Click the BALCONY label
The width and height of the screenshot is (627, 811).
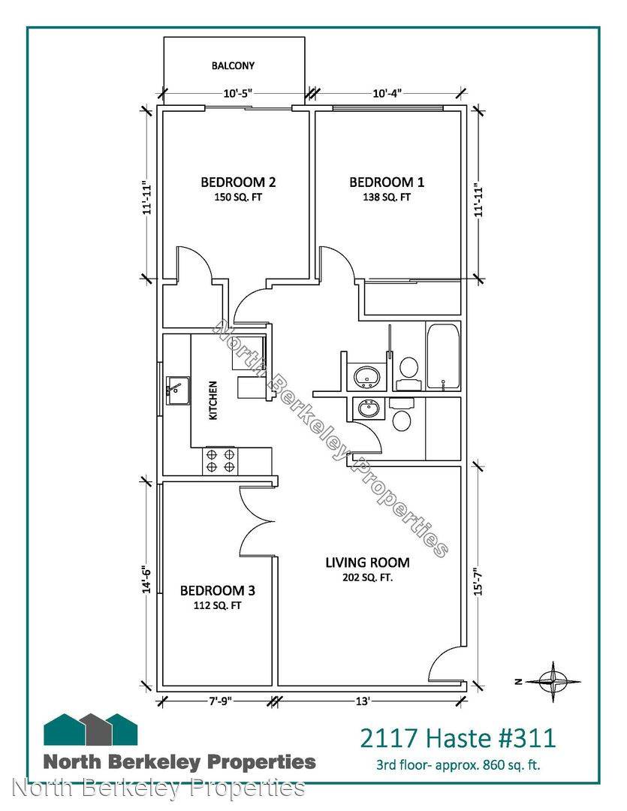pos(233,65)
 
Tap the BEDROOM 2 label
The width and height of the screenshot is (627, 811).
pos(238,182)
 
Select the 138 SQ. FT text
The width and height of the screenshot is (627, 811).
pos(387,197)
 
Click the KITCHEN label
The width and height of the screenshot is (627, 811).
pos(213,400)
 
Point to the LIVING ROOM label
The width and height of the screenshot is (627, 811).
pos(367,562)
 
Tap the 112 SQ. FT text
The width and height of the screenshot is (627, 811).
pos(217,606)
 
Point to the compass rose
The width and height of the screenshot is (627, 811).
pos(553,682)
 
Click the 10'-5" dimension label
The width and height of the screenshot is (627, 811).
pos(237,94)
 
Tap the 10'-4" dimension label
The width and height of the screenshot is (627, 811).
pos(387,94)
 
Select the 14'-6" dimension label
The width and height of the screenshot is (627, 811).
pos(147,579)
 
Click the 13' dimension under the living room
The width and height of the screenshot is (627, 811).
pos(363,701)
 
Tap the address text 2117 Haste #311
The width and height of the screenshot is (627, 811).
pos(458,738)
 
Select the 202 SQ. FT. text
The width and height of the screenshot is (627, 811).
pos(367,577)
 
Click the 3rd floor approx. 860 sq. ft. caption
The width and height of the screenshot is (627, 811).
pos(458,764)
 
